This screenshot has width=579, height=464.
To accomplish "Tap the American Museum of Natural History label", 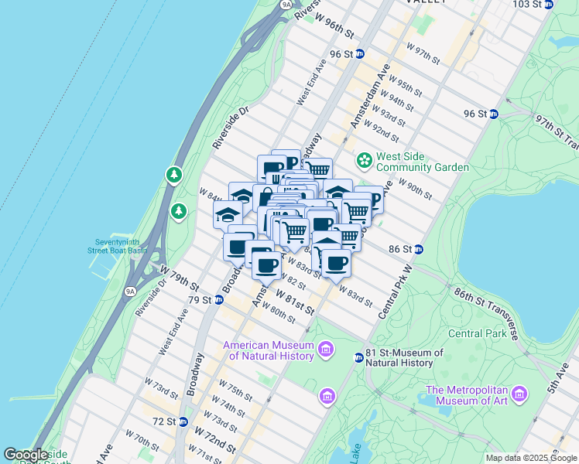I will pyautogui.click(x=269, y=350).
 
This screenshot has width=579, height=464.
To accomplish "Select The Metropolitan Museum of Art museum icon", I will pyautogui.click(x=519, y=394).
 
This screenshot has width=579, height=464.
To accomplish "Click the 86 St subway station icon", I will pyautogui.click(x=418, y=249).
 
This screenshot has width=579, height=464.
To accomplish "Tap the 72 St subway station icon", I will pyautogui.click(x=183, y=421).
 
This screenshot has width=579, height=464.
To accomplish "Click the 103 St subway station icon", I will pyautogui.click(x=549, y=4).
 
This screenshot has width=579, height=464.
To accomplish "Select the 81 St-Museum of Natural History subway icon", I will pyautogui.click(x=358, y=357).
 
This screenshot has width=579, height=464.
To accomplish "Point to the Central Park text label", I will pyautogui.click(x=475, y=334).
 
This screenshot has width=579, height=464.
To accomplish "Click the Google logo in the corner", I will pyautogui.click(x=26, y=455).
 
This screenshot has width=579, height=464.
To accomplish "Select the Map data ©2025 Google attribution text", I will pyautogui.click(x=531, y=458).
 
